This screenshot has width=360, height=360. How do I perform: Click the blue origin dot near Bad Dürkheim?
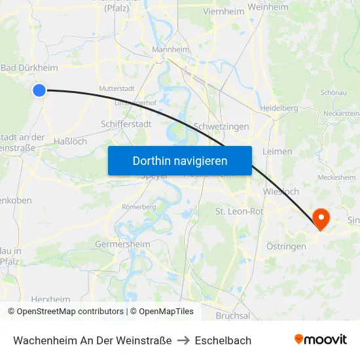39,90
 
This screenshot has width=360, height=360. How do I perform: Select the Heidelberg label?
279,108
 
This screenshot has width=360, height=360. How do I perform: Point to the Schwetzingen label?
221,126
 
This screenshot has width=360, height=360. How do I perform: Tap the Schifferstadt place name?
126,124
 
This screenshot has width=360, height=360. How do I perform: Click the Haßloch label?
69,141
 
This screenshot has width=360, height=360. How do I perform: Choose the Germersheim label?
122,244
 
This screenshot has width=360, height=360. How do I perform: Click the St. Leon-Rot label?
240,211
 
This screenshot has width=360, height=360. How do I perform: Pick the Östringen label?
286,246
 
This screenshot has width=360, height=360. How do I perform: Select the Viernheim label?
224,11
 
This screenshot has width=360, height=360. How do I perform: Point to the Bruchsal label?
232,315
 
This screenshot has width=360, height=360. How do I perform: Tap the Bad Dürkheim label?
29,68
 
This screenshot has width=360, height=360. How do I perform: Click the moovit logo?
320,340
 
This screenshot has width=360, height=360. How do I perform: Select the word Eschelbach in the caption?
223,340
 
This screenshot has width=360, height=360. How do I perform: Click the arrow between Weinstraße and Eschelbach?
183,340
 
